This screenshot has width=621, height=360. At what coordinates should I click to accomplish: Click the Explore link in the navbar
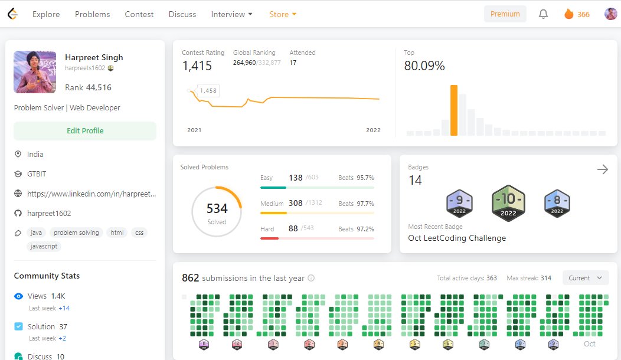46,14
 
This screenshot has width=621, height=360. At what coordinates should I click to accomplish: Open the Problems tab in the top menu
92,14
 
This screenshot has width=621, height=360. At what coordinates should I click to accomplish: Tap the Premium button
505,14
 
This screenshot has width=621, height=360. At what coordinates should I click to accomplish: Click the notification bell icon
543,14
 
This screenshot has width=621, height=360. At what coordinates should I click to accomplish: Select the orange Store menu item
282,14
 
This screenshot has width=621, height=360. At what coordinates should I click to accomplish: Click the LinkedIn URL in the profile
91,194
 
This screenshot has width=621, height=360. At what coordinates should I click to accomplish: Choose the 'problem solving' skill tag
76,233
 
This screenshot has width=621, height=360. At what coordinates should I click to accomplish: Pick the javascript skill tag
44,246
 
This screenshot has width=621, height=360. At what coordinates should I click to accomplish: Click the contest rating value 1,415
197,66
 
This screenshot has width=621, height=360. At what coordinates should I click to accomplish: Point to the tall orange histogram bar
454,110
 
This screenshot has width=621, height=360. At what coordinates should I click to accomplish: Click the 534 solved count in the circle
217,208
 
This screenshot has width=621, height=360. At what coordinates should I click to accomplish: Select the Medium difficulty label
272,204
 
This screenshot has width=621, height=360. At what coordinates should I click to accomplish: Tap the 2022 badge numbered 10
508,203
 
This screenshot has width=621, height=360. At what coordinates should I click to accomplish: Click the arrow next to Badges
602,169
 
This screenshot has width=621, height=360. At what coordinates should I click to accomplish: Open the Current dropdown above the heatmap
586,278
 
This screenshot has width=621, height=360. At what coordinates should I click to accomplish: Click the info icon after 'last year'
311,278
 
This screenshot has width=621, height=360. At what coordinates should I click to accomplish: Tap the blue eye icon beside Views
18,296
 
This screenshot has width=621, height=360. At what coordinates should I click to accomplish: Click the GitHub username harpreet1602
49,214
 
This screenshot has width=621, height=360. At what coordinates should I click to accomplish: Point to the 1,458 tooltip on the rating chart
208,91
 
